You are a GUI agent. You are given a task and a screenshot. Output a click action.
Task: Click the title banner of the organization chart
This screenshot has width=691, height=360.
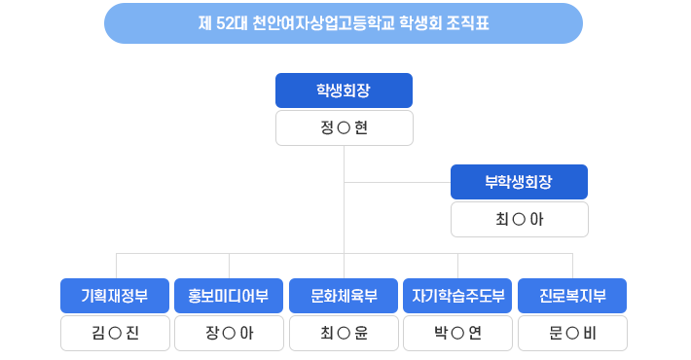coord(344,23)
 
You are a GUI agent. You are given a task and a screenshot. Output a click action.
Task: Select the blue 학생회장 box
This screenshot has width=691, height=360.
coord(344,90)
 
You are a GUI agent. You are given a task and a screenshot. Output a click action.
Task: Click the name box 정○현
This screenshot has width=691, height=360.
coord(344,127)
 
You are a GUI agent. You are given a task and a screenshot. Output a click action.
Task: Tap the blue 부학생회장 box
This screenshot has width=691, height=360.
coord(519,182)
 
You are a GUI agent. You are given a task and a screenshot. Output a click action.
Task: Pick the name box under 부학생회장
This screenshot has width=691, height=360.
coord(519,219)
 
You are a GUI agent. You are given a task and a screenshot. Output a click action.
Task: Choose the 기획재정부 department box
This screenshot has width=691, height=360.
coord(115,296)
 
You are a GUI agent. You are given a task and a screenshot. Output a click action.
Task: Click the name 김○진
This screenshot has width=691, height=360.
coord(115,333)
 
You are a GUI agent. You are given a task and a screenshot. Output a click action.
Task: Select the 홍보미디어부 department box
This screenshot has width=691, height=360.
coord(229,296)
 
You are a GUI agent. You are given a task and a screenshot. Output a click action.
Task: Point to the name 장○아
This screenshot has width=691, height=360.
coord(229,333)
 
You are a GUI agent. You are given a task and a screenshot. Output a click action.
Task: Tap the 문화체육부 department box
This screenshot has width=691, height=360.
coord(344,296)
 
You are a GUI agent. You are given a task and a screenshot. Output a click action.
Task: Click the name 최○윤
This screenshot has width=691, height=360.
coord(344,333)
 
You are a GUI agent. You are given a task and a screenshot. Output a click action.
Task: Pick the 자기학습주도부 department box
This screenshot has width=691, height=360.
coord(457,296)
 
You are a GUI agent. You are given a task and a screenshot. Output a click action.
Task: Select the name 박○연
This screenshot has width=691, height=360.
coord(457,333)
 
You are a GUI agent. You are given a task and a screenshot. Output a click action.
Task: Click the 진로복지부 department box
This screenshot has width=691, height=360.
coord(572,296)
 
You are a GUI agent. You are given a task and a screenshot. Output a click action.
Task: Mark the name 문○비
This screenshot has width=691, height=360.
coord(572,333)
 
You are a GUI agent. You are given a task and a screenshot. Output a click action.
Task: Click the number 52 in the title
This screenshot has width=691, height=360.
coord(231,23)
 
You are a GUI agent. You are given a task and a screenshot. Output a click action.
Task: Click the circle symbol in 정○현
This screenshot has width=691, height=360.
coord(343,128)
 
